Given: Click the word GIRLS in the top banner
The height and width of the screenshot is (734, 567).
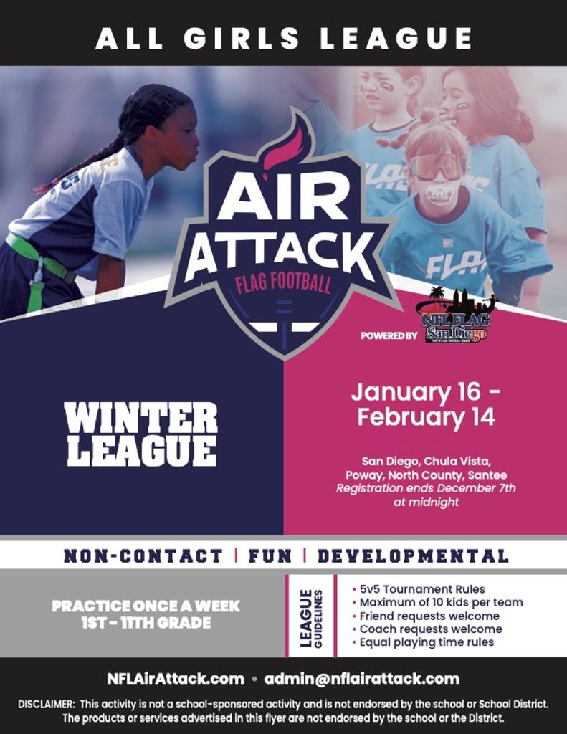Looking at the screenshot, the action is pos(242,39).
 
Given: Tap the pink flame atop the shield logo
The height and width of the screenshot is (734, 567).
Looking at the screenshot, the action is pos(282,141).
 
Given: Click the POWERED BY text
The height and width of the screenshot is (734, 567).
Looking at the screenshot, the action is pos(389,335).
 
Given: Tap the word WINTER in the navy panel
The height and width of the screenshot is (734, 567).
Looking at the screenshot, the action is pos(141,418).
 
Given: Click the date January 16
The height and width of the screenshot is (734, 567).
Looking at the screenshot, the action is pos(416,392).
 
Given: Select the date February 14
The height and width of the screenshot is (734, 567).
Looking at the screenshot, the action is pos(426,416).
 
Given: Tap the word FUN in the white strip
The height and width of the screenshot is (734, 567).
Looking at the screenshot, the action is pos(270,556).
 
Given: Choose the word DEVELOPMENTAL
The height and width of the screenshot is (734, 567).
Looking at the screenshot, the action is pos(413,556).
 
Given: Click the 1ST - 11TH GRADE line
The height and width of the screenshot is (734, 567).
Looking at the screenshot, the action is pos(146,623).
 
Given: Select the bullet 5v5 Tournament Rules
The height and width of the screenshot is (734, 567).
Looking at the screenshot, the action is pos(419,589).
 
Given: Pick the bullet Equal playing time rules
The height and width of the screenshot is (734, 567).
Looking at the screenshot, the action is pos(423,642).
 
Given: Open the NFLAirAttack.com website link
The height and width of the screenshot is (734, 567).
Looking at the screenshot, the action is pos(176,678).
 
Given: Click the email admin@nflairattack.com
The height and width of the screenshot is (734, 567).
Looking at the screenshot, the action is pos(362,678).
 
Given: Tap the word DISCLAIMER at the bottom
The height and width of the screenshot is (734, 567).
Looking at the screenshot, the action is pos(46,704).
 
